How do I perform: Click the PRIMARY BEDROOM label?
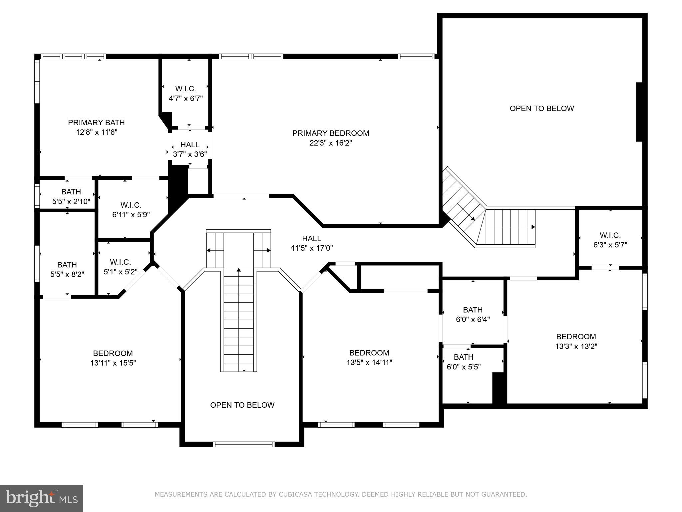(x=330, y=133)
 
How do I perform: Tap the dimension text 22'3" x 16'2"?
(x=330, y=143)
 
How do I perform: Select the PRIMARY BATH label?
(x=96, y=122)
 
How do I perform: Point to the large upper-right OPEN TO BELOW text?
(x=541, y=108)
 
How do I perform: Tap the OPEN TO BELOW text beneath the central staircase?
(x=242, y=405)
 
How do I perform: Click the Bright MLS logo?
(x=42, y=498)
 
